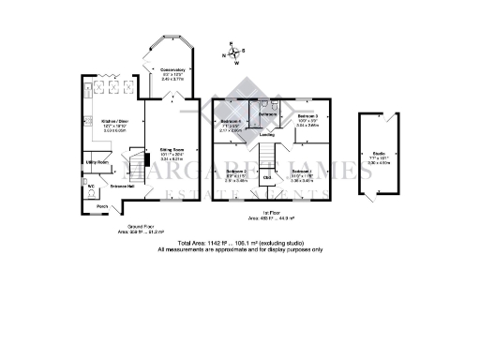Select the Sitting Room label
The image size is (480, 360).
point(171,149)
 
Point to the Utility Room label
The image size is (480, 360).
point(99,162)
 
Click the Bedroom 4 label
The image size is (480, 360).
point(231,122)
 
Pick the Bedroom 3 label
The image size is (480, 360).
point(308,118)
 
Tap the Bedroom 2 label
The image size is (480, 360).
point(235,172)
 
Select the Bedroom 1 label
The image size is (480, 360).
point(301,172)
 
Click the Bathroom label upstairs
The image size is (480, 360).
point(265,114)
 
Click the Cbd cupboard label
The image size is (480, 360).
point(267,176)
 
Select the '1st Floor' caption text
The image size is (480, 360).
point(272,212)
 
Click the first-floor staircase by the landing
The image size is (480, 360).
point(268,151)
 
